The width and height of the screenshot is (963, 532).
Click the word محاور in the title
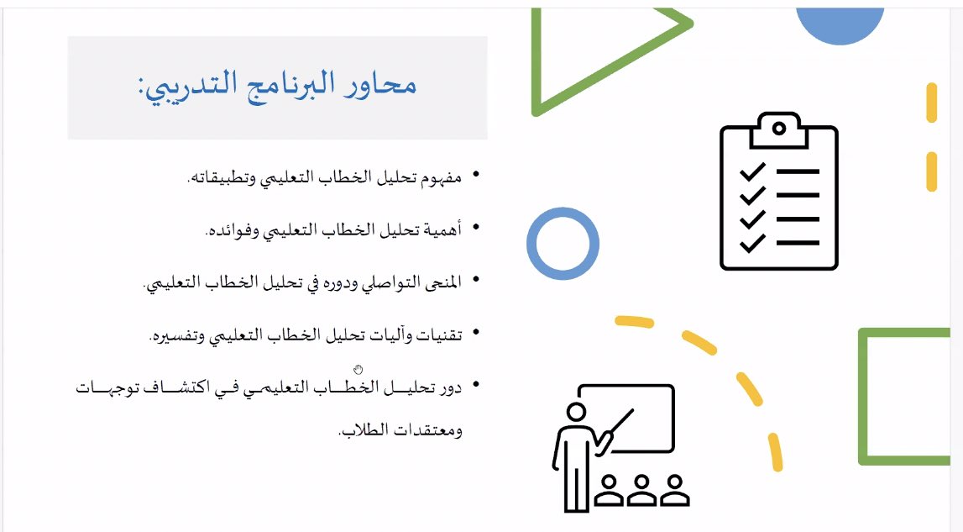381,84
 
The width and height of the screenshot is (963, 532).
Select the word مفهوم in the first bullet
441,177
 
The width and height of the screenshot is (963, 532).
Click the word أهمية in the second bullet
442,230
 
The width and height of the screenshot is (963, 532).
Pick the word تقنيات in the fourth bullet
439,335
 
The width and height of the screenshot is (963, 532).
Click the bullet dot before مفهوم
475,176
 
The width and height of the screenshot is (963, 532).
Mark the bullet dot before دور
475,385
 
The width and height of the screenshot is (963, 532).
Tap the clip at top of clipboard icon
779,129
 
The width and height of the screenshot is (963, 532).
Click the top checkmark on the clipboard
752,171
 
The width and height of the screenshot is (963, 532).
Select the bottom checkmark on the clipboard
752,243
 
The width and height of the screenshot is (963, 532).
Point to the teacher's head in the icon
575,412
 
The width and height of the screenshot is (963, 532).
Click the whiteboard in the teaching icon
673,419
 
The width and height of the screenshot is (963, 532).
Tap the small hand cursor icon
358,369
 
